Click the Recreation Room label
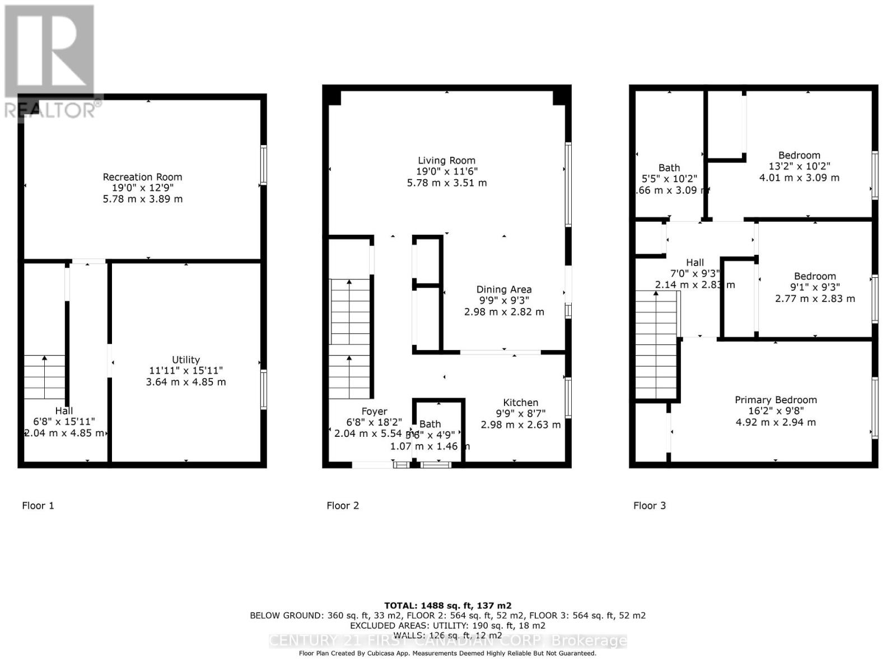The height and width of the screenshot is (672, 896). pyautogui.click(x=142, y=177)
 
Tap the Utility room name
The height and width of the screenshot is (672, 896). pyautogui.click(x=186, y=360)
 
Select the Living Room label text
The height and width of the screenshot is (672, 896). pyautogui.click(x=446, y=160)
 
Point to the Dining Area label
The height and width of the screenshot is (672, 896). pyautogui.click(x=503, y=290)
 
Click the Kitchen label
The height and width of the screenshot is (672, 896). pyautogui.click(x=520, y=403)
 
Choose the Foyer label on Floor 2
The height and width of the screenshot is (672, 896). pyautogui.click(x=374, y=412)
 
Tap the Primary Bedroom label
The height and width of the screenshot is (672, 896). pyautogui.click(x=776, y=400)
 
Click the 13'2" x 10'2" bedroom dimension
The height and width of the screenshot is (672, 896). pyautogui.click(x=799, y=166)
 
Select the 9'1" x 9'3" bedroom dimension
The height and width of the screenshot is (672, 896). pyautogui.click(x=815, y=287)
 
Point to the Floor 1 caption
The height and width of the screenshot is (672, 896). pyautogui.click(x=38, y=506)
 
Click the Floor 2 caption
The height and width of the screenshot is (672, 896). pyautogui.click(x=343, y=506)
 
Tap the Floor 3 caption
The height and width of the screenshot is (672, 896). pyautogui.click(x=650, y=506)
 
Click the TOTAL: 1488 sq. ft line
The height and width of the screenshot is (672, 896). pyautogui.click(x=447, y=605)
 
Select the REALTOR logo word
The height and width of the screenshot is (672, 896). pyautogui.click(x=50, y=110)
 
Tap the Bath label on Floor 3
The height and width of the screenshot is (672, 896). pyautogui.click(x=669, y=168)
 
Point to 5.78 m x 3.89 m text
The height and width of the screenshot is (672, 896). pyautogui.click(x=142, y=199)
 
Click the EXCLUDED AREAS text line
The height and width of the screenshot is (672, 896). pyautogui.click(x=447, y=626)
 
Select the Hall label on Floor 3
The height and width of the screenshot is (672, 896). pyautogui.click(x=695, y=263)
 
